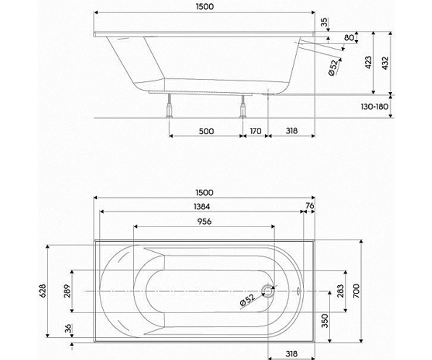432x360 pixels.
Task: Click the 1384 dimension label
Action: point(202,207)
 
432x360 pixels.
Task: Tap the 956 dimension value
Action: point(204,221)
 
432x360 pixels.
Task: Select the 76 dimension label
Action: point(310,206)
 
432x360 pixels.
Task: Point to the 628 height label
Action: point(42,291)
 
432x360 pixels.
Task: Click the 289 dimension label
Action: point(67,291)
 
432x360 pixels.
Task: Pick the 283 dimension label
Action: point(340,291)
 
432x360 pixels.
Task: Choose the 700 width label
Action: point(356,291)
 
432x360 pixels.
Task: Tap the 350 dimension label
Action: point(325,321)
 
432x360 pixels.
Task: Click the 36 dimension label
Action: point(68,328)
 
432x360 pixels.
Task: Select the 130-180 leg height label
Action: point(374,107)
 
